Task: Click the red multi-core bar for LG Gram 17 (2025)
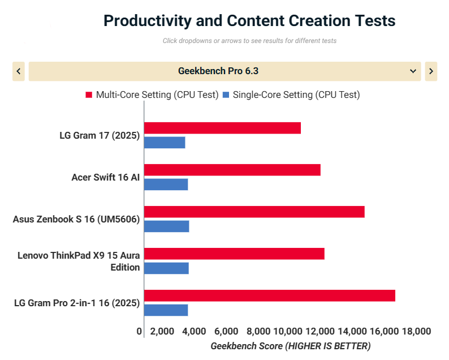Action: pyautogui.click(x=222, y=128)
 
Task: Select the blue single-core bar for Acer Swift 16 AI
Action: pyautogui.click(x=166, y=185)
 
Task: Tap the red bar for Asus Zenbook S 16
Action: pyautogui.click(x=254, y=212)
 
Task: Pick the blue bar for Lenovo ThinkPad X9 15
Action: pyautogui.click(x=166, y=268)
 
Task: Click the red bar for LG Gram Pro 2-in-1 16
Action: pyautogui.click(x=269, y=295)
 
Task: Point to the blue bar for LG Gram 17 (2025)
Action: pyautogui.click(x=165, y=143)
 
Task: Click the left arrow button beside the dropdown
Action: pyautogui.click(x=19, y=71)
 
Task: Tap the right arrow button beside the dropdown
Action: pyautogui.click(x=431, y=71)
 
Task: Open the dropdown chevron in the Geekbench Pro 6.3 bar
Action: pyautogui.click(x=412, y=71)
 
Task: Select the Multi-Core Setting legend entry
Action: pyautogui.click(x=152, y=95)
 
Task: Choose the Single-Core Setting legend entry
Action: pyautogui.click(x=291, y=95)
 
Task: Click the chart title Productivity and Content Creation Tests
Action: pyautogui.click(x=249, y=21)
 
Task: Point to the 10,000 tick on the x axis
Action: pyautogui.click(x=288, y=331)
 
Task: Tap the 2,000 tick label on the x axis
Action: pyautogui.click(x=162, y=331)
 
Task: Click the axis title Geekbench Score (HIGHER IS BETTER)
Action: pyautogui.click(x=290, y=346)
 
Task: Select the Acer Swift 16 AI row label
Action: pyautogui.click(x=105, y=177)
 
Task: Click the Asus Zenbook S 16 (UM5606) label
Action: pyautogui.click(x=76, y=219)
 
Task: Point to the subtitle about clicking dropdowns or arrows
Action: pyautogui.click(x=249, y=41)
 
